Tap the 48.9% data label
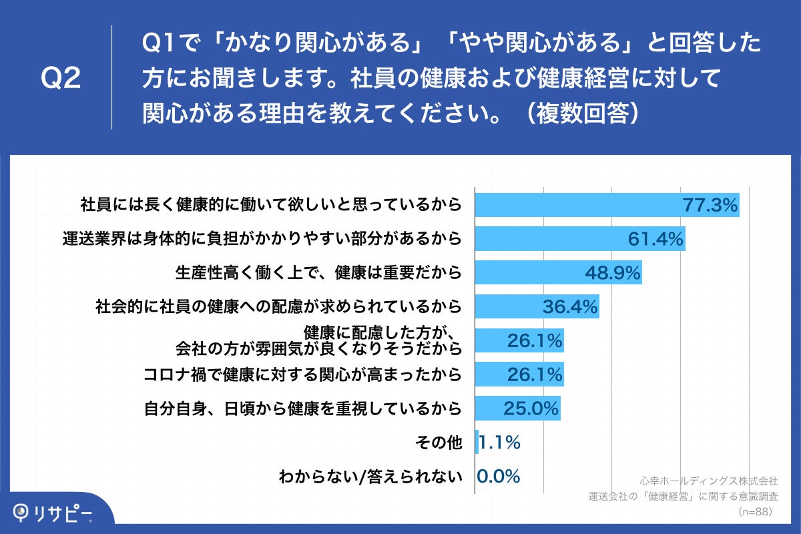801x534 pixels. (613, 272)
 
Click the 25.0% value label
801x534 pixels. (531, 409)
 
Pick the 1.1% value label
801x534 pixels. (499, 442)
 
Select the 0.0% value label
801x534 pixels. (498, 476)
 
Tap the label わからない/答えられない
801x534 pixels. (370, 477)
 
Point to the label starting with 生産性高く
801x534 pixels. (318, 272)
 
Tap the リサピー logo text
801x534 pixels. (64, 513)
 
